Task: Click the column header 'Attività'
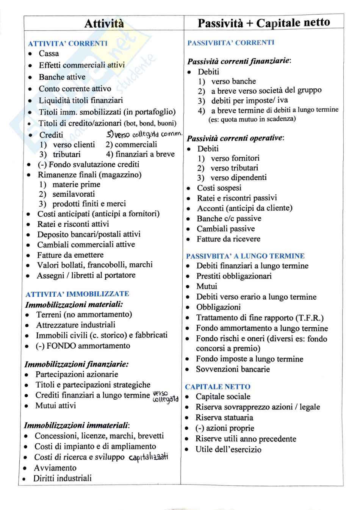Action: click(x=104, y=23)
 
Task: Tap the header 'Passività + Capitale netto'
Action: click(x=264, y=23)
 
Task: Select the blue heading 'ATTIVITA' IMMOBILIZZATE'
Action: click(x=77, y=294)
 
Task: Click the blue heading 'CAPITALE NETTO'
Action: click(x=218, y=387)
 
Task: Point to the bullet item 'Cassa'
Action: click(x=49, y=54)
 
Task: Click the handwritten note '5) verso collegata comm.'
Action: click(x=144, y=135)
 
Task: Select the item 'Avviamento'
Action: click(x=55, y=468)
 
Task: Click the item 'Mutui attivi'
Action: click(x=56, y=406)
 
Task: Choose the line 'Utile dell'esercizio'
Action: click(x=228, y=450)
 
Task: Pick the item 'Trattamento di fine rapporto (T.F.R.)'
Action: click(x=260, y=318)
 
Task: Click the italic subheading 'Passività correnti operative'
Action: click(x=235, y=138)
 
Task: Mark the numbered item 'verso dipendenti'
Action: click(x=238, y=178)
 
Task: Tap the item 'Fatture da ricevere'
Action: click(x=228, y=239)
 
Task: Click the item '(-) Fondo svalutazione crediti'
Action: click(x=88, y=164)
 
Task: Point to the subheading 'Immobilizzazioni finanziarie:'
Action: click(x=77, y=365)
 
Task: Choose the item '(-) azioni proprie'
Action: click(x=225, y=429)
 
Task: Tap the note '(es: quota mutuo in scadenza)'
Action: click(x=252, y=119)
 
